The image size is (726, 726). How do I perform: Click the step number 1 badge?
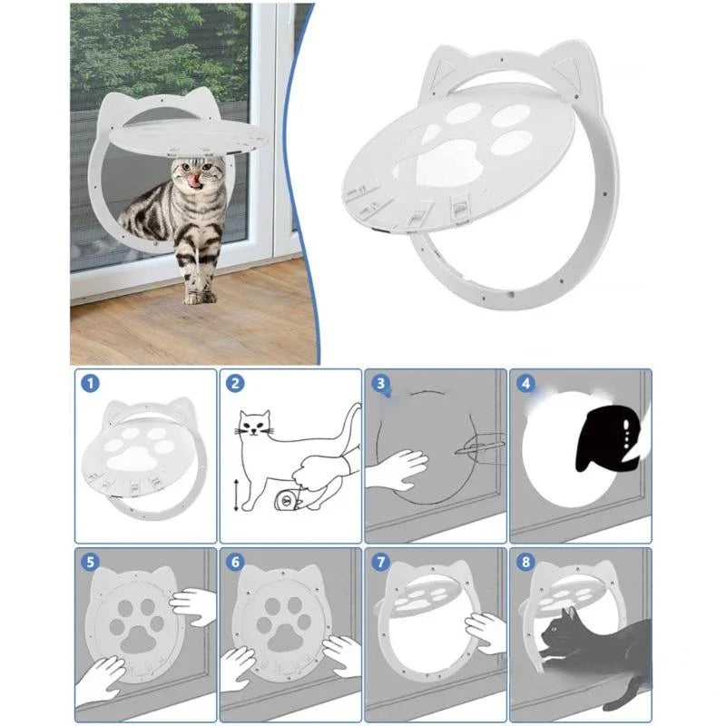(x=90, y=384)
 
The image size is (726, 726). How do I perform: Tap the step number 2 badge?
(x=235, y=384)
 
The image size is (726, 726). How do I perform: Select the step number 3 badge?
(x=380, y=385)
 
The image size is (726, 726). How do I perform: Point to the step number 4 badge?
(x=525, y=384)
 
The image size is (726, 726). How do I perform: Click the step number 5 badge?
(x=90, y=562)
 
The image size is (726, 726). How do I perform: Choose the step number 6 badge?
(x=235, y=562)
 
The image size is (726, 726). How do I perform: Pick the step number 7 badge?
(x=380, y=562)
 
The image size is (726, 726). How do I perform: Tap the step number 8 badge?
(x=525, y=562)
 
